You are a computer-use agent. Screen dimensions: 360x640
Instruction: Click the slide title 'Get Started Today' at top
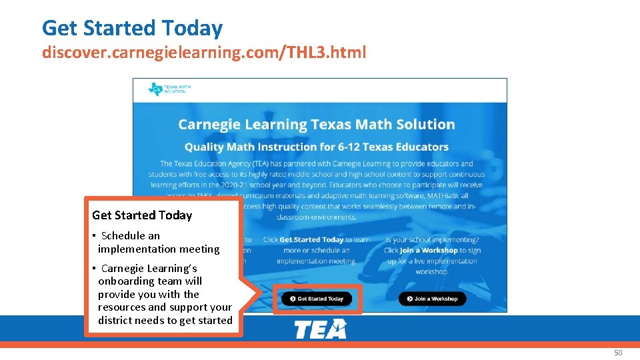(132, 28)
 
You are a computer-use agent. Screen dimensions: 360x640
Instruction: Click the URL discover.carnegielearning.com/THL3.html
(203, 52)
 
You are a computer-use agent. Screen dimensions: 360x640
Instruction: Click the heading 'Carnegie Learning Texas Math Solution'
(316, 125)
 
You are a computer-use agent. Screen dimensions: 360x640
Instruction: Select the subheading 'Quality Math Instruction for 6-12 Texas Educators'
(316, 147)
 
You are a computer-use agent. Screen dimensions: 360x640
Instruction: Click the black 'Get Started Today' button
(316, 299)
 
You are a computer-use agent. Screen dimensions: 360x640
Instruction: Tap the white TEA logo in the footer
(320, 329)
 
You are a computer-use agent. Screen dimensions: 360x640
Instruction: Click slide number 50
(617, 353)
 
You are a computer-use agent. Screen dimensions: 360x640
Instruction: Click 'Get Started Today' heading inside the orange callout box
(142, 215)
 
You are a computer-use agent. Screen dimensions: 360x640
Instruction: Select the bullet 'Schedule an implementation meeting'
(158, 242)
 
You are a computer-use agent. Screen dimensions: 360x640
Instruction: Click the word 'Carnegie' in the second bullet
(123, 269)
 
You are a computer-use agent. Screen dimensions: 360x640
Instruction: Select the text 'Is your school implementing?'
(432, 239)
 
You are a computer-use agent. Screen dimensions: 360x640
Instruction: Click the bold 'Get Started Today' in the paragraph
(311, 239)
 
